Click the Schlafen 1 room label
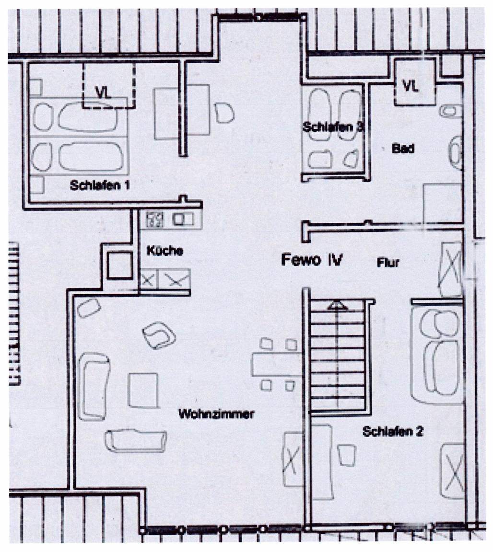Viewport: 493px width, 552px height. tap(100, 185)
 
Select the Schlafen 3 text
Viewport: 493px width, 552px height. tap(333, 126)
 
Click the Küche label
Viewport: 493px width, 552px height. tap(164, 251)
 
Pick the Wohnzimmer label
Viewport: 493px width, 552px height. tap(216, 414)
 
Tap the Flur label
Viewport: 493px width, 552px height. tap(388, 262)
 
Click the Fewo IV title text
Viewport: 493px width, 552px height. tap(312, 260)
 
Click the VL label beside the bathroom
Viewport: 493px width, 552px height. tap(411, 86)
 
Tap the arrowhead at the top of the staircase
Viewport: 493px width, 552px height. tap(337, 305)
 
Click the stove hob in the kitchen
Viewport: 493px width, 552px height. tap(155, 219)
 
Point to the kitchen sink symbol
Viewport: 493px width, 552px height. tap(183, 219)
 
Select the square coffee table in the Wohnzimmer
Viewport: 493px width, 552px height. tap(143, 390)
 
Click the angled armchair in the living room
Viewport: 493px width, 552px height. tap(159, 335)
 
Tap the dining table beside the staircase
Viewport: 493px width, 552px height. tap(276, 364)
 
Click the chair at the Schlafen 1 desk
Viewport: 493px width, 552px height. tap(224, 113)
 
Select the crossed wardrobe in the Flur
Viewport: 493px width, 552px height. tap(450, 269)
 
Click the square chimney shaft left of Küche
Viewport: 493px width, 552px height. tap(120, 265)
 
